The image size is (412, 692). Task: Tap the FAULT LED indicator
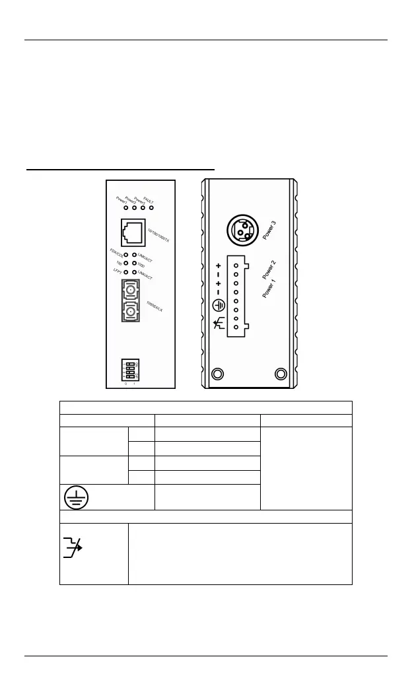click(x=151, y=209)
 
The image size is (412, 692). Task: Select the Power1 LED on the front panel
click(x=125, y=209)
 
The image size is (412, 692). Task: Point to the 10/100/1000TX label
click(x=159, y=232)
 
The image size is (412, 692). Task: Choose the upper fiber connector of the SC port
click(x=132, y=290)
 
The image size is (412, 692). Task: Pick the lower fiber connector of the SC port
click(x=132, y=311)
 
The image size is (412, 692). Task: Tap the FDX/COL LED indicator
click(x=125, y=254)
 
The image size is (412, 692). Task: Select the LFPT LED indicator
click(x=125, y=272)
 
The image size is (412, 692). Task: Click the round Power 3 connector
click(x=241, y=230)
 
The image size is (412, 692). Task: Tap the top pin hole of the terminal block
click(x=236, y=264)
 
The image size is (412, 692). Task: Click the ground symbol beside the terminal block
click(x=219, y=306)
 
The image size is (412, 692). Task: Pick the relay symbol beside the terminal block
click(x=218, y=323)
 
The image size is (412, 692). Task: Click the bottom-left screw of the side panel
click(x=217, y=374)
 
